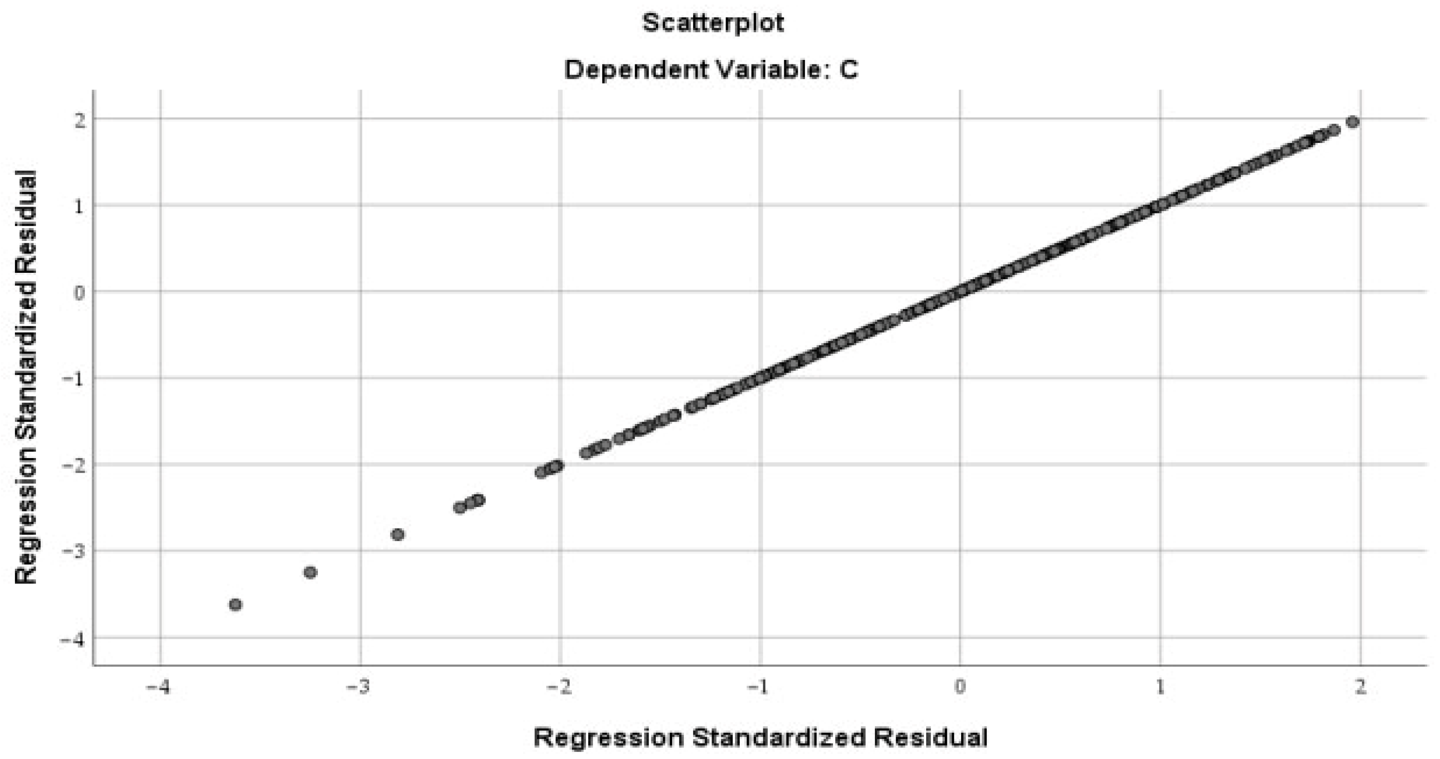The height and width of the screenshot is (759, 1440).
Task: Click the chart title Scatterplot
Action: pos(713,24)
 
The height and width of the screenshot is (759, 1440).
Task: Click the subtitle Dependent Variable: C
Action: pos(711,70)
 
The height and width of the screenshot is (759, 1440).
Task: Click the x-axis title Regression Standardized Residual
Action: pos(760,737)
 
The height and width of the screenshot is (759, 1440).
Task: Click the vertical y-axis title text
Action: pos(26,378)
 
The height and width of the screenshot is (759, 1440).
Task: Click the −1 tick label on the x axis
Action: pos(757,687)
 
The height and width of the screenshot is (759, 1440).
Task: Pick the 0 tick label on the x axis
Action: pos(960,687)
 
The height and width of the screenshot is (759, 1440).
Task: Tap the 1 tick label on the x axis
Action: pos(1161,687)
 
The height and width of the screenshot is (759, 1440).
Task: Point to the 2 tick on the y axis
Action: pos(79,120)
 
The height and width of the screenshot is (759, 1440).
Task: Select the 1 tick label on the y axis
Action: pos(79,207)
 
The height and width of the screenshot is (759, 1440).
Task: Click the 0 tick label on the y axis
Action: pos(79,292)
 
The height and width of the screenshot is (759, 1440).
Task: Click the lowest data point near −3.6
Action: pos(235,605)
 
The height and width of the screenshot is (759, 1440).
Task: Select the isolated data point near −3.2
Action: pos(310,572)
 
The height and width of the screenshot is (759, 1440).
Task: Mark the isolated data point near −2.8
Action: pos(397,535)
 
